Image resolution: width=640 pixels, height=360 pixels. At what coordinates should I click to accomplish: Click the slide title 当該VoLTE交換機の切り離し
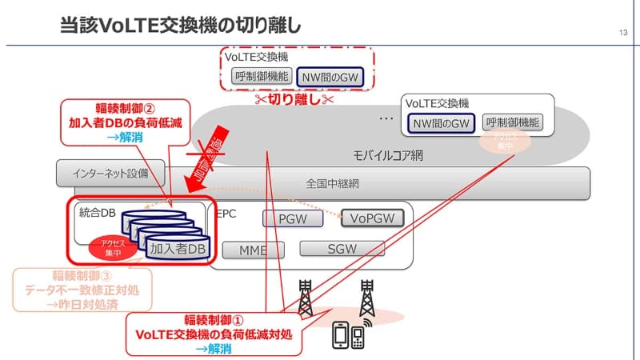tap(180, 25)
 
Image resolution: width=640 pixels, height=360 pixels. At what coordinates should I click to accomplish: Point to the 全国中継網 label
tap(333, 183)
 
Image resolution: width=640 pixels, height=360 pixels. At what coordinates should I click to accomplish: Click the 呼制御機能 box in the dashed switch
tap(258, 77)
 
